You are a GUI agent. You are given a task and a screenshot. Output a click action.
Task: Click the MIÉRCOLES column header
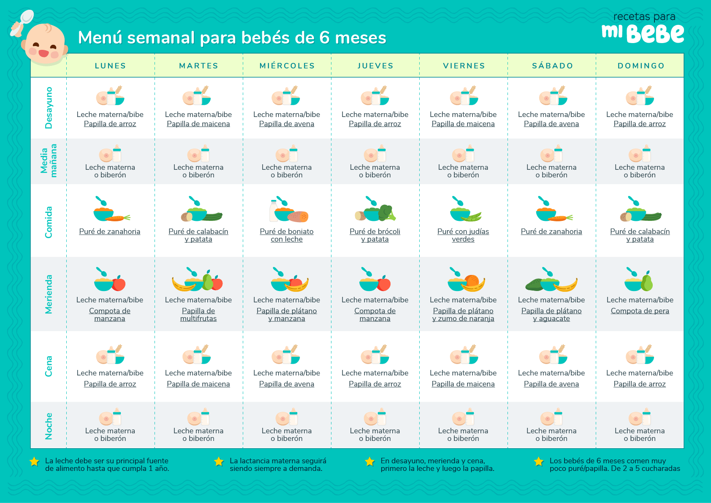point(287,66)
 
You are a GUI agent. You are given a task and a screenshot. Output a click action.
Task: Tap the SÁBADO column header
point(552,66)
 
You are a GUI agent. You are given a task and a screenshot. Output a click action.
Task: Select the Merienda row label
point(49,294)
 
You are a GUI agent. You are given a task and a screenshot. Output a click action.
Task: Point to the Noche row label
point(49,426)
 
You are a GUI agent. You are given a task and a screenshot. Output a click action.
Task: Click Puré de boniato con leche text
point(287,235)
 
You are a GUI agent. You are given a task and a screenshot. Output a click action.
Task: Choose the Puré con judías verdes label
point(463,235)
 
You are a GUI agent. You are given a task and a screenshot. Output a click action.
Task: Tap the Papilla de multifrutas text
point(198,315)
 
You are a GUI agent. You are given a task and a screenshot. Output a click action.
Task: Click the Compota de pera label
point(640,311)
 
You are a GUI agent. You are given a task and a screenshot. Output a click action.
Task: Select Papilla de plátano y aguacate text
point(551,315)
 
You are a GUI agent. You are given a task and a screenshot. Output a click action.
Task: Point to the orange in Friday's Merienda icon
point(472,280)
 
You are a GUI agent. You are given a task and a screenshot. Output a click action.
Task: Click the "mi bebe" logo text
point(643,33)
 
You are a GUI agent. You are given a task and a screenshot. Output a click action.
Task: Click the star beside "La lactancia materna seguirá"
point(219,462)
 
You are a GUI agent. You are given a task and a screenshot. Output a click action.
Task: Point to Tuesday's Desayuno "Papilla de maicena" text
point(198,124)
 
